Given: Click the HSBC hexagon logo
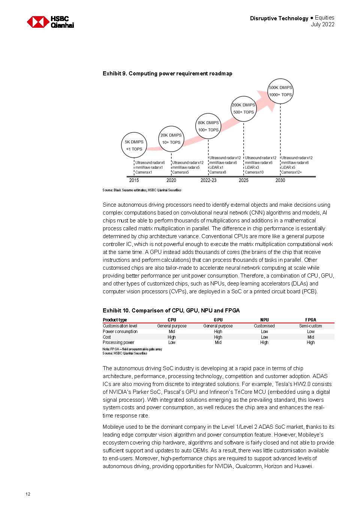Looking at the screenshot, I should (x=38, y=22).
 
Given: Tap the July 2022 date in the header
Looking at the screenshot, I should (x=322, y=24).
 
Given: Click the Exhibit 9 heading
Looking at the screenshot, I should (x=167, y=74).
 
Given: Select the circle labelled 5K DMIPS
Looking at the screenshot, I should (x=134, y=145).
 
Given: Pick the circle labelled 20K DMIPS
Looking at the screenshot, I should (x=171, y=138).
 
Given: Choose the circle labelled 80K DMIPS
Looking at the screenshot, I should (x=208, y=126).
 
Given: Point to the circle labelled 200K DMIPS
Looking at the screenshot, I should (x=243, y=108).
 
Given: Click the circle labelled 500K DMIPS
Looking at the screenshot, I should (x=280, y=91).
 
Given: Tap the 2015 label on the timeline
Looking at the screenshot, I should (x=134, y=180).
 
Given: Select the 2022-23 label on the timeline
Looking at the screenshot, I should (x=208, y=180).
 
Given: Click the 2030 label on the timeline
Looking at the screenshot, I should (x=280, y=180).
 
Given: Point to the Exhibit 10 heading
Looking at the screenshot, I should (x=171, y=311).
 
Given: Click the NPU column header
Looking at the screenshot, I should (x=264, y=320).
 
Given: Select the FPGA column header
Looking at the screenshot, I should (x=310, y=320).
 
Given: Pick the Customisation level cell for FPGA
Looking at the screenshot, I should (x=310, y=326).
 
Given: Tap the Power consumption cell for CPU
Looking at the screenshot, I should (x=172, y=332).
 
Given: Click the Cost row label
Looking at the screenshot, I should (x=107, y=337).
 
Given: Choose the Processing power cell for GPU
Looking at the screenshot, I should (x=218, y=342).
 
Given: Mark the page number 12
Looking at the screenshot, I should (x=28, y=494).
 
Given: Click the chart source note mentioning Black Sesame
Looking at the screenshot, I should (x=142, y=190).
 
